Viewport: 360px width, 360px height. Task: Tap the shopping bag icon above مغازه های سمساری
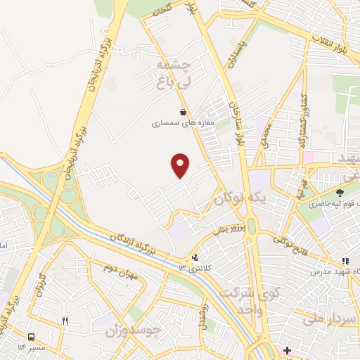click(x=183, y=112)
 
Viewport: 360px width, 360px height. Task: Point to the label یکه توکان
click(x=243, y=198)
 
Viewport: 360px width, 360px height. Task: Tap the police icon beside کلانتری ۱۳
click(x=195, y=258)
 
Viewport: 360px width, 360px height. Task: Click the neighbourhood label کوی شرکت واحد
click(x=243, y=301)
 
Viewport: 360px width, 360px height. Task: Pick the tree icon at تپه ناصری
click(x=340, y=192)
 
